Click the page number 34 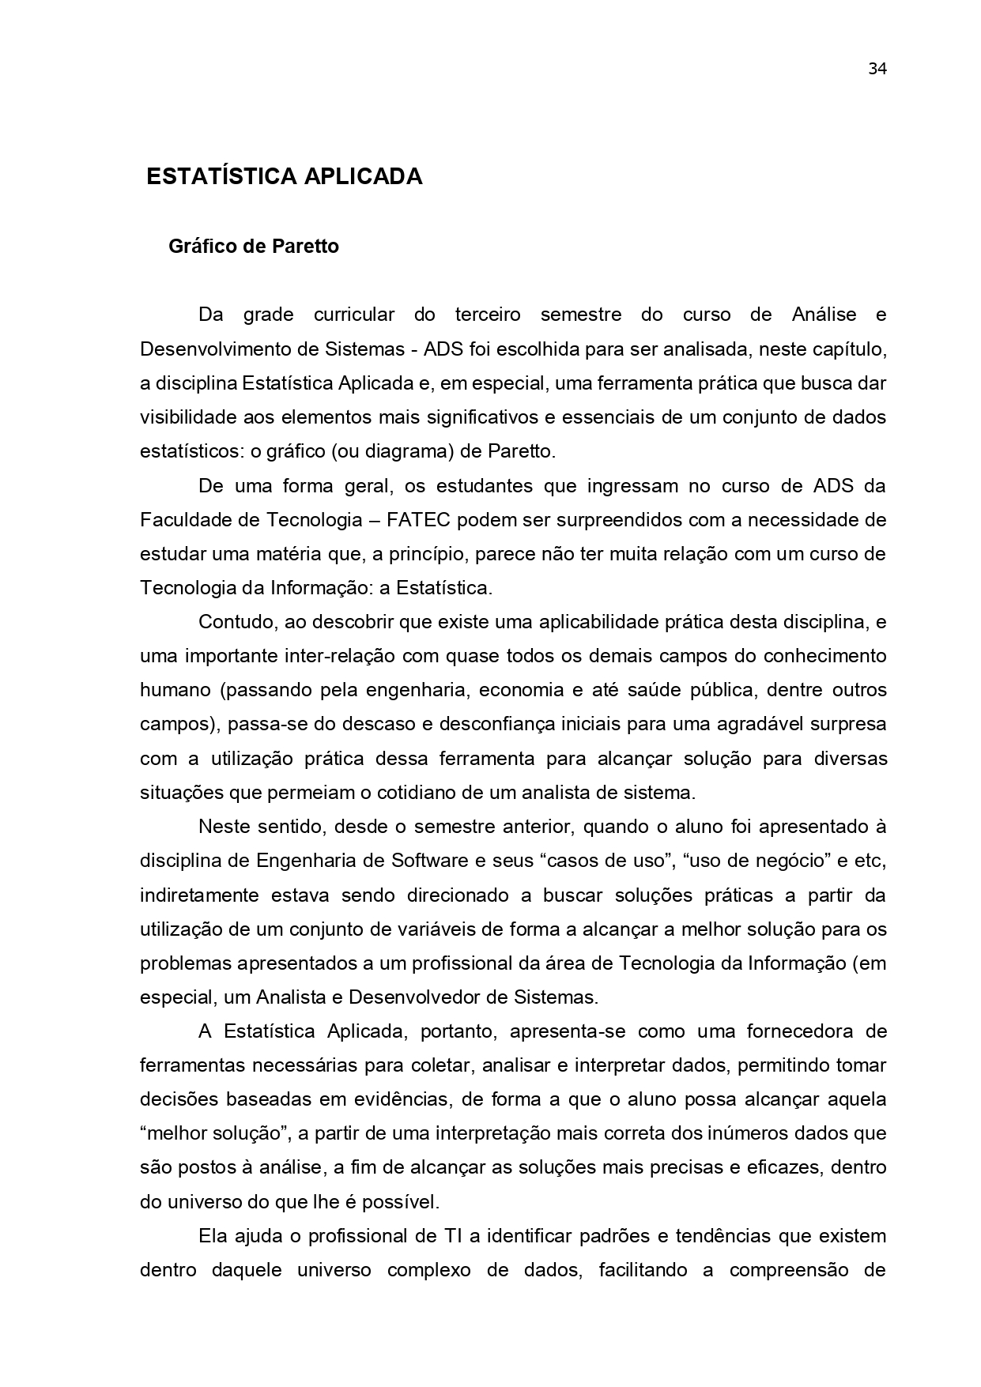[x=877, y=69]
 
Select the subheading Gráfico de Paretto [x=253, y=247]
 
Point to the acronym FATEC [x=421, y=520]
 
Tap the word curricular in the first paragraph [x=353, y=315]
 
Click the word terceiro [x=488, y=315]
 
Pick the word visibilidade [x=187, y=417]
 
